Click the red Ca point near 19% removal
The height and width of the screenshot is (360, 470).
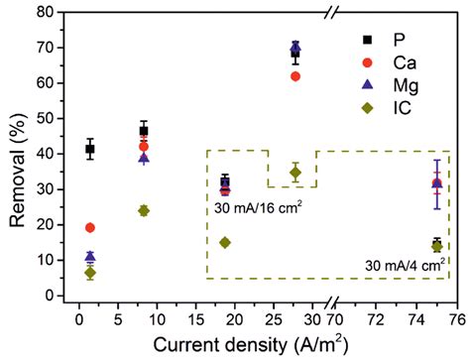(90, 227)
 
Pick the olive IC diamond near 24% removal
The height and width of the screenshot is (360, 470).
(144, 210)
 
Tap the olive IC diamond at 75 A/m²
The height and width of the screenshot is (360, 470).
(437, 246)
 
